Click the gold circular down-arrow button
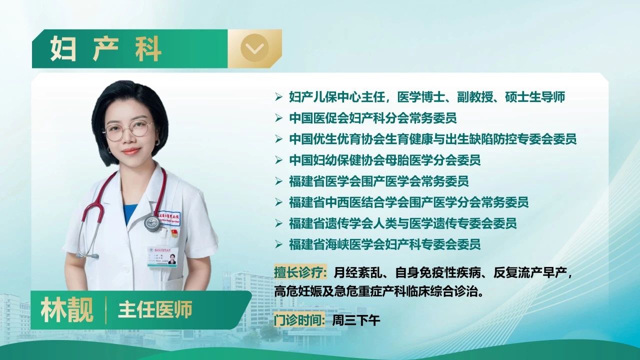point(254,48)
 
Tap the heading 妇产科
point(105,49)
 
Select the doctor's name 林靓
point(67,310)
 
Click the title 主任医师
point(155,310)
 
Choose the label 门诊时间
point(299,320)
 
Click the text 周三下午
point(356,320)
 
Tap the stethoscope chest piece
point(152,223)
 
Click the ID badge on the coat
point(162,256)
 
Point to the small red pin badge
point(174,233)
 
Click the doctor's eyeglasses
point(129,130)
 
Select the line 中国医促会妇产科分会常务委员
point(373,118)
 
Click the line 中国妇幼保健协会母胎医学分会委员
point(385,160)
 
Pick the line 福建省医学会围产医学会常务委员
point(379,181)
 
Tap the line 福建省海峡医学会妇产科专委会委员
point(385,244)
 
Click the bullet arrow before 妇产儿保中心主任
point(278,97)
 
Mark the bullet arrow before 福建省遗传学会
point(278,223)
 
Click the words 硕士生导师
point(535,97)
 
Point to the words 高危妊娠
point(298,291)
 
